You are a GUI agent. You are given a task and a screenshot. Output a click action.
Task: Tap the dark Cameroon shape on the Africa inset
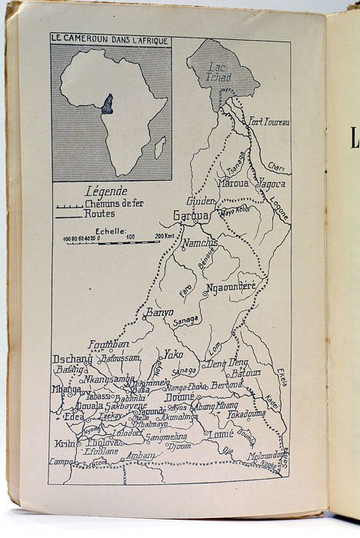[107, 104]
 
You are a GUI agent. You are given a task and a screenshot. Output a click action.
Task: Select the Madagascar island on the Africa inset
[159, 147]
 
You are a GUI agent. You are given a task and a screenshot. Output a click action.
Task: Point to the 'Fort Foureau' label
[268, 121]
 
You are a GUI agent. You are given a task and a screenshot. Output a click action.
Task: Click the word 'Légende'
[106, 191]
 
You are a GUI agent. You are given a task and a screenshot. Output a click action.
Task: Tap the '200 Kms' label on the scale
[165, 236]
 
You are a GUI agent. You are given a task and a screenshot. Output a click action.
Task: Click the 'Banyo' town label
[158, 313]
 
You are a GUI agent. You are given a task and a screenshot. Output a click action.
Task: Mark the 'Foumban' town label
[108, 344]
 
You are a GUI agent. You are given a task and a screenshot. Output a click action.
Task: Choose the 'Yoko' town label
[173, 354]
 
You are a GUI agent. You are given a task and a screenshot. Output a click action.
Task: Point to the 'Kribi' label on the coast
[65, 443]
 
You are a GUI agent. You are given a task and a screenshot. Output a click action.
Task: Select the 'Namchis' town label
[199, 243]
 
